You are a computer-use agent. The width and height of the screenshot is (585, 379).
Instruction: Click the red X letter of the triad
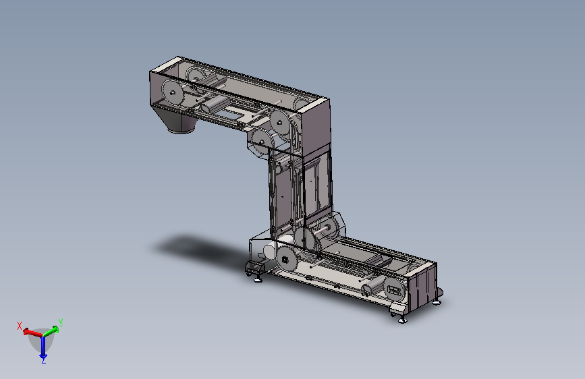point(20,326)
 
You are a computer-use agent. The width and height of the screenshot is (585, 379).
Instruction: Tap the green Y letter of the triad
point(61,322)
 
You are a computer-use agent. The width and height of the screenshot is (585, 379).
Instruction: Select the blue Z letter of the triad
point(44,360)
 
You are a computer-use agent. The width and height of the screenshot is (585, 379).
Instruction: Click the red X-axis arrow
point(33,332)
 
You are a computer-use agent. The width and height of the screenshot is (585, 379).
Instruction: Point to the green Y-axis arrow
point(51,331)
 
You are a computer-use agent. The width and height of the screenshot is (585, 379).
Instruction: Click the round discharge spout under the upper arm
point(182,125)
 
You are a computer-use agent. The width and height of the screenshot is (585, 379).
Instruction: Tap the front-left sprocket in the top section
point(172,92)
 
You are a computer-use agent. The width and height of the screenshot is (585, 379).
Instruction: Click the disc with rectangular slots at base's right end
point(394,290)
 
